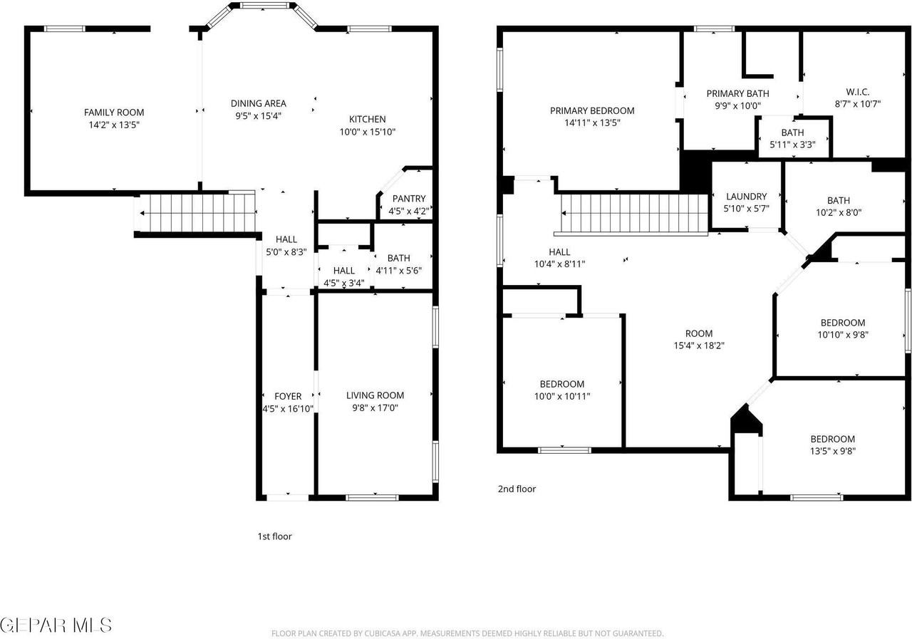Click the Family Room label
tap(114, 112)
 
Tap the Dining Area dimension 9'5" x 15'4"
tap(258, 115)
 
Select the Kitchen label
tap(367, 119)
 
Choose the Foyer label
tap(288, 396)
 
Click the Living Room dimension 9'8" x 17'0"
tap(375, 407)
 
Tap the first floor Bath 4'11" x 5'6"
tap(399, 264)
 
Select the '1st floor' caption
tap(274, 536)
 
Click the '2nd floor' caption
tap(517, 489)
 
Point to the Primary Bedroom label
tap(591, 110)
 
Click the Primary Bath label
tap(737, 93)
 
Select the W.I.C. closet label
tap(857, 92)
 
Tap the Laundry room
tap(747, 202)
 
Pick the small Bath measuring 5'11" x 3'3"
tap(792, 138)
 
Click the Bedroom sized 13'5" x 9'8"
tap(832, 445)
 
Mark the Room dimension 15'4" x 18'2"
tap(698, 346)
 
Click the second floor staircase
tap(634, 213)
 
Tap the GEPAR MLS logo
tap(56, 625)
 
